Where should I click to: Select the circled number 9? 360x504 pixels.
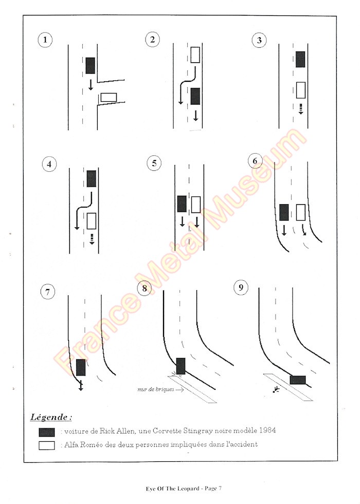pos(240,287)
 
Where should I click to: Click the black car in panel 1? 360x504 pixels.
pos(91,65)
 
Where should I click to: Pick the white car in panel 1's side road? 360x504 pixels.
pos(108,97)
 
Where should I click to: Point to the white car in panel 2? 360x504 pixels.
pos(195,55)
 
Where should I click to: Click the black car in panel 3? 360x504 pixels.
pos(300,59)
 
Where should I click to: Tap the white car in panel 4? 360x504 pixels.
pos(92,221)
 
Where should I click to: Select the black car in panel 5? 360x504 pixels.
pos(182,204)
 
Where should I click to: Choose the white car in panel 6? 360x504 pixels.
pos(301,212)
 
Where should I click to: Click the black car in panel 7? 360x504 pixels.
pos(81,367)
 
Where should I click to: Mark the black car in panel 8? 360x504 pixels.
pos(181,366)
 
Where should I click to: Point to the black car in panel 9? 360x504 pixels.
pos(298,380)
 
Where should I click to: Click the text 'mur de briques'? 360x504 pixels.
pos(152,390)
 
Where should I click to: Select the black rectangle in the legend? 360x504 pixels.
pos(46,432)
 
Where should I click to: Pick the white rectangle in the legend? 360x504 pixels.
pos(46,445)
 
